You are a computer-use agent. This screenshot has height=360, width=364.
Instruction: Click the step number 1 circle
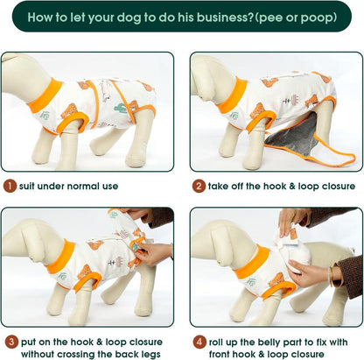tap(10, 186)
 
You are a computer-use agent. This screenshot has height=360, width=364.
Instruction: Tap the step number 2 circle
tap(199, 186)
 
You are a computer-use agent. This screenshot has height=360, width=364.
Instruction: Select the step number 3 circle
tap(11, 342)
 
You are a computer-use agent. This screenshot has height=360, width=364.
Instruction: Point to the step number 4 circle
tap(199, 342)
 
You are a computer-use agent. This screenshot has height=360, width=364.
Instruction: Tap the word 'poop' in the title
tap(318, 18)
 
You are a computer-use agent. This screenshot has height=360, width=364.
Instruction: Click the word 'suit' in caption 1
tap(27, 186)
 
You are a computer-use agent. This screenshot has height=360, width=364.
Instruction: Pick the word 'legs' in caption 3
tap(150, 355)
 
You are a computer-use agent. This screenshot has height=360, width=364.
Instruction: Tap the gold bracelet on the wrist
tap(331, 276)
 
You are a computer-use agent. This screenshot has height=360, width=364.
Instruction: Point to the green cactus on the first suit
tap(121, 109)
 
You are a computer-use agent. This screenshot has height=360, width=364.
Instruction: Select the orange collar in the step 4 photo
tap(252, 262)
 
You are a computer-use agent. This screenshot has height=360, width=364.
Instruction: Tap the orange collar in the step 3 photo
tap(60, 257)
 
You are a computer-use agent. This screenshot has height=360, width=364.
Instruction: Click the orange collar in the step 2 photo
tap(233, 95)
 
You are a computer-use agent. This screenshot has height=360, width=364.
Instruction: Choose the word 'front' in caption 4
tap(220, 355)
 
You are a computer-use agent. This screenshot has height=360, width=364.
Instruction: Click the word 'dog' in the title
tap(128, 18)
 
